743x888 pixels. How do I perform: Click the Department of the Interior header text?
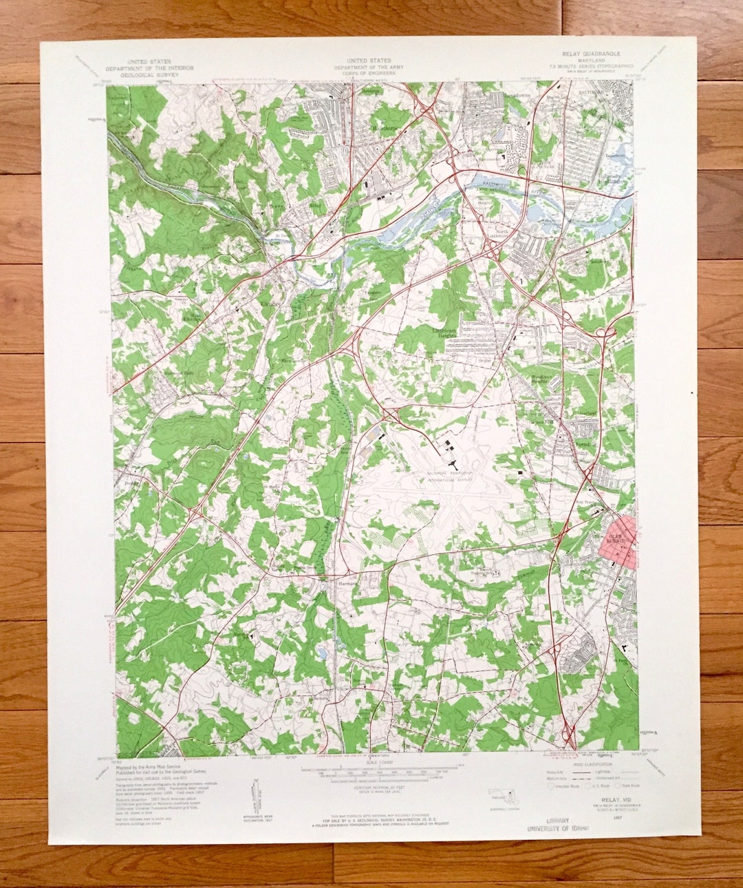(149, 69)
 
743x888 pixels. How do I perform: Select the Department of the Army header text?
(369, 68)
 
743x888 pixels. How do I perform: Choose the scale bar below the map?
(371, 774)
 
